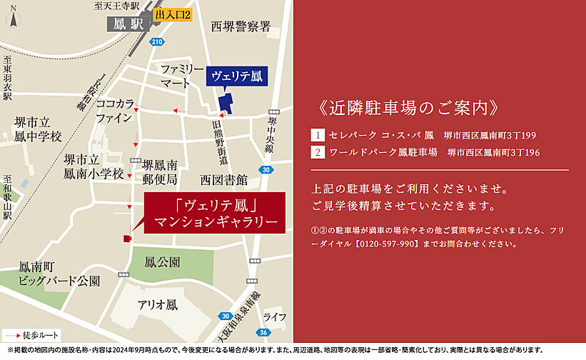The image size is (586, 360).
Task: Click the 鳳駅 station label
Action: coord(128,24)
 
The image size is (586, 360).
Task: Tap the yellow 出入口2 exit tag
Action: coord(173,14)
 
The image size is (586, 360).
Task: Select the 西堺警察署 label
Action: coord(241,27)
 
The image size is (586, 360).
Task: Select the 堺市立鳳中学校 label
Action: coord(38,129)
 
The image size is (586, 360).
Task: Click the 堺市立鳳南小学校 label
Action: coord(93,166)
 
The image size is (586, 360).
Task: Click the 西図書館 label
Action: coord(223,179)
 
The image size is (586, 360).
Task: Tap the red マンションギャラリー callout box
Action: coord(215,212)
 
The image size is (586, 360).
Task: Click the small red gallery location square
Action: coord(127,239)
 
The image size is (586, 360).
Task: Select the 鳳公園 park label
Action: coord(162,261)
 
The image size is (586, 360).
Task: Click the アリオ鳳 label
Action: coord(157,304)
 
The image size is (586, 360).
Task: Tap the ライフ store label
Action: coord(274,316)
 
